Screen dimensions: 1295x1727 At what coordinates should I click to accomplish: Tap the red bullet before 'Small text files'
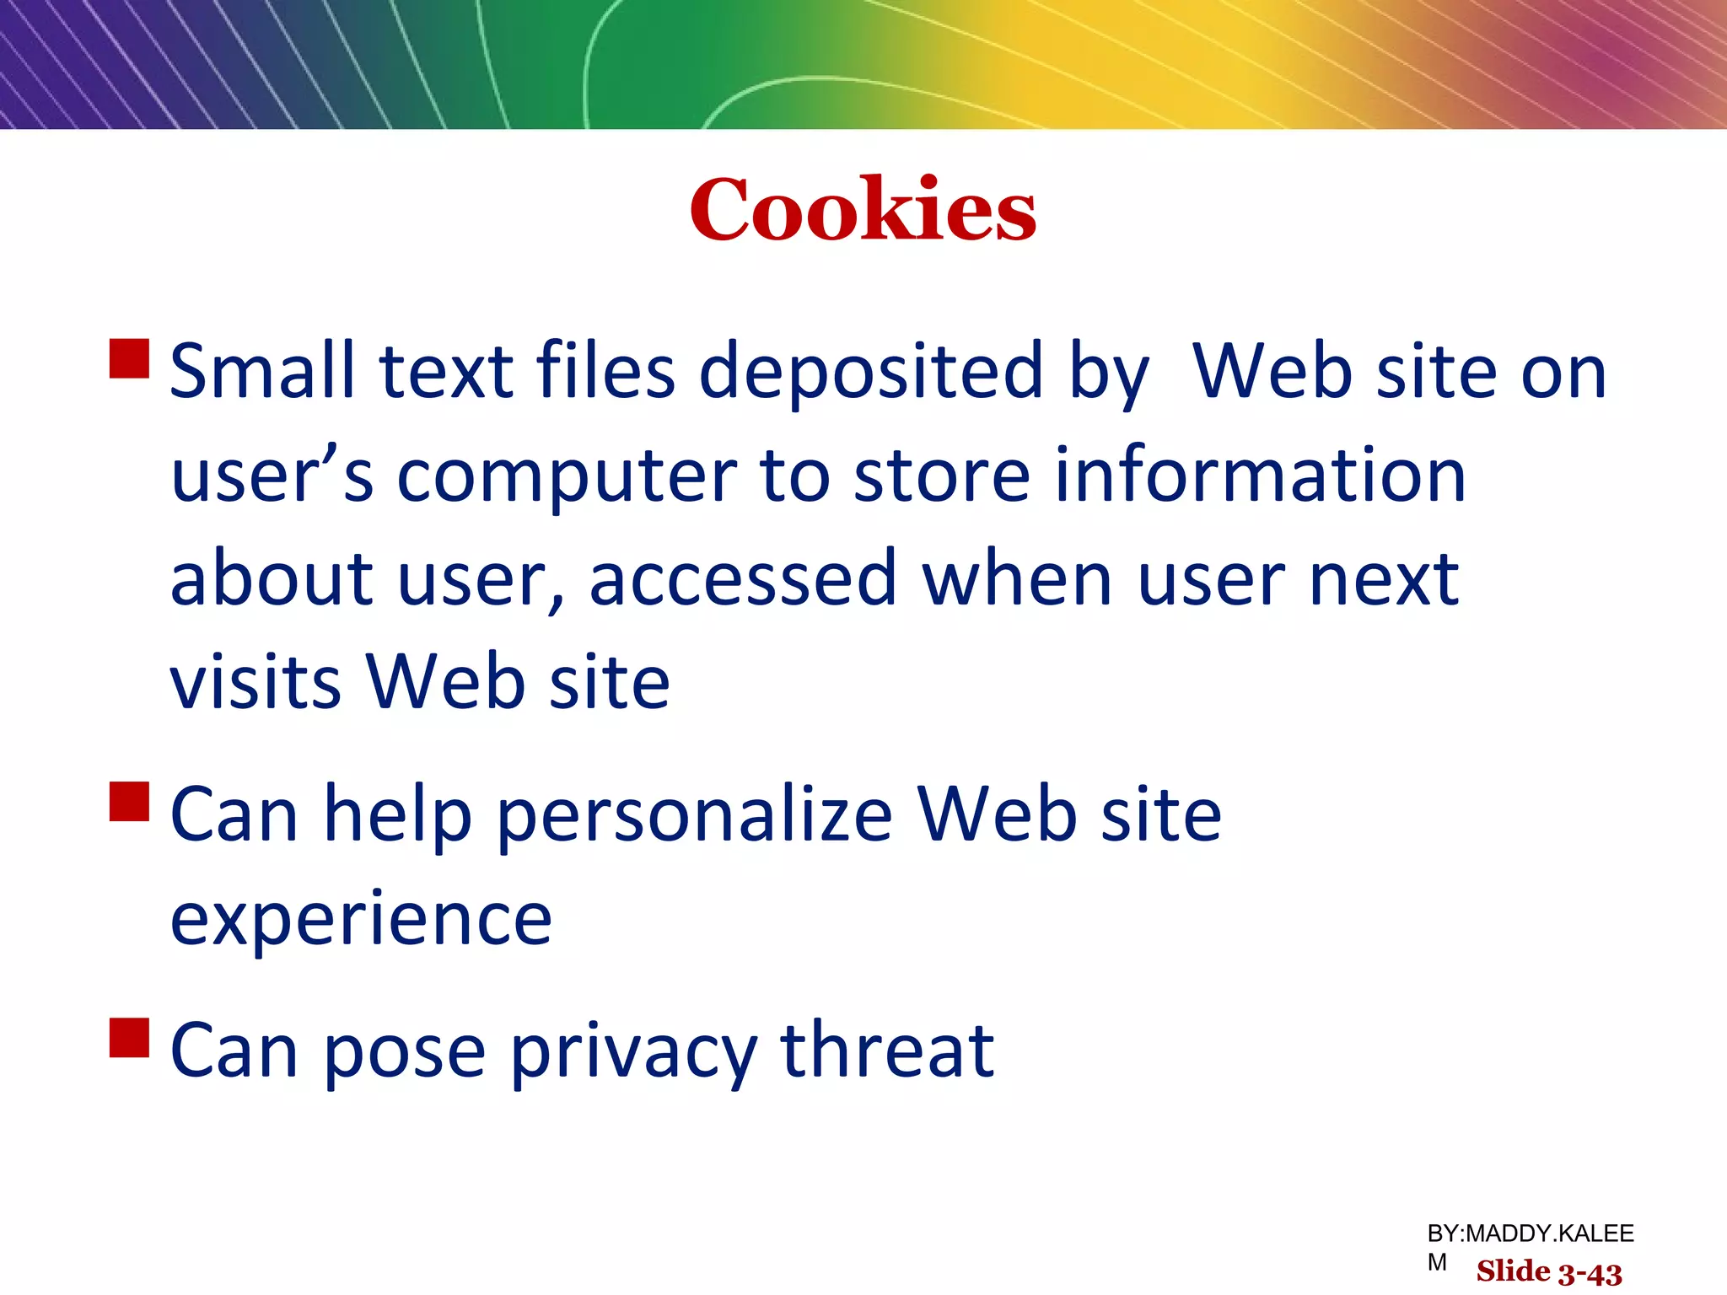pyautogui.click(x=130, y=358)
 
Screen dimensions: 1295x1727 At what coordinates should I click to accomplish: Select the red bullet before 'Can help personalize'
pyautogui.click(x=130, y=802)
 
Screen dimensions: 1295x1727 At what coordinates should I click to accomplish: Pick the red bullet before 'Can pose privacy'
pyautogui.click(x=130, y=1037)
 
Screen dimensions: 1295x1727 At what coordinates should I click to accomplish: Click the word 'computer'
pyautogui.click(x=566, y=476)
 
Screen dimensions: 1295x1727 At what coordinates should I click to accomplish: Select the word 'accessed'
pyautogui.click(x=743, y=580)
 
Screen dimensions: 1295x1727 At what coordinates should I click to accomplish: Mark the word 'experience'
pyautogui.click(x=361, y=920)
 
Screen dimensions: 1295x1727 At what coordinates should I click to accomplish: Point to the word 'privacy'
pyautogui.click(x=634, y=1053)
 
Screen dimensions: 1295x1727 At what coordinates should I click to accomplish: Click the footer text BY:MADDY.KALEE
pyautogui.click(x=1530, y=1234)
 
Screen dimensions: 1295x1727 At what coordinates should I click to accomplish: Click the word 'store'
pyautogui.click(x=942, y=476)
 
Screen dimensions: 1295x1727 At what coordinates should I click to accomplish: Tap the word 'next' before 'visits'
pyautogui.click(x=1384, y=580)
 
